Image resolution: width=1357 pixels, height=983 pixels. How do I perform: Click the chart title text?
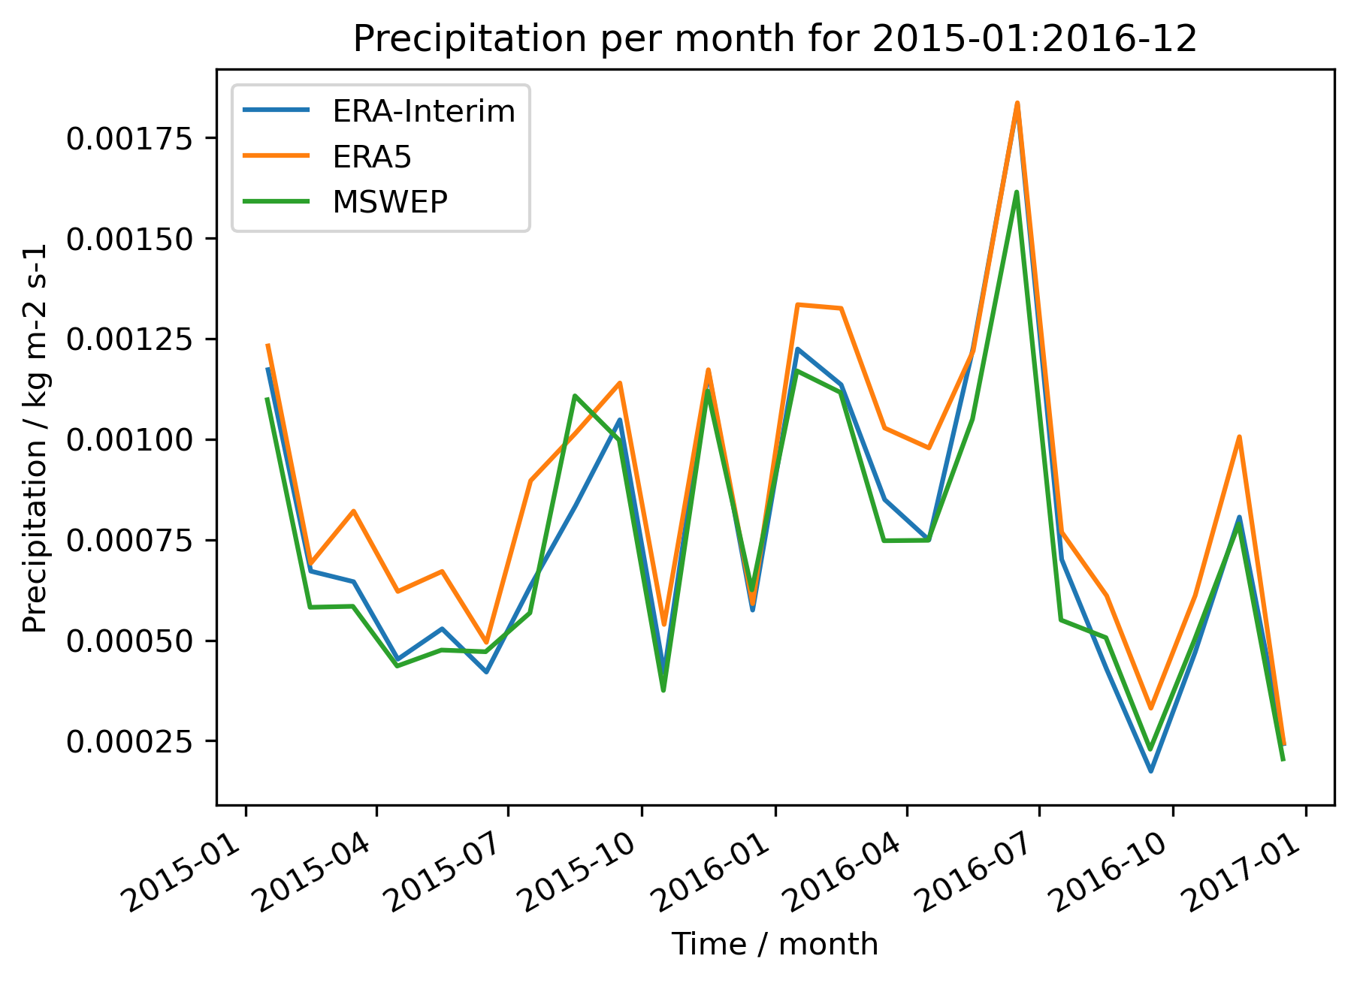775,39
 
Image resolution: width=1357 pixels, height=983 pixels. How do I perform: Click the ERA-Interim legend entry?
423,112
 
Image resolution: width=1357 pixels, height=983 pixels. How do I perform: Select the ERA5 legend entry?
372,157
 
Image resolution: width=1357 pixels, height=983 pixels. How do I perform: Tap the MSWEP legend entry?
390,202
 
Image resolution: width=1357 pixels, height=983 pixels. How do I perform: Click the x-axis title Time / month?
775,945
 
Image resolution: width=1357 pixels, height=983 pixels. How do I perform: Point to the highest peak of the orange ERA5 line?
1017,103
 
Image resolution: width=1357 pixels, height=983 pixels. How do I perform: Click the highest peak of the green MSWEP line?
1017,192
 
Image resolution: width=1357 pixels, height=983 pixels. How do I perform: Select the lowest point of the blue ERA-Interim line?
1150,771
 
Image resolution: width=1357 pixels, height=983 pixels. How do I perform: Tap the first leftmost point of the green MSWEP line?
267,399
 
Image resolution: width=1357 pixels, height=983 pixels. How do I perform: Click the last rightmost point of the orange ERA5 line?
1284,744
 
